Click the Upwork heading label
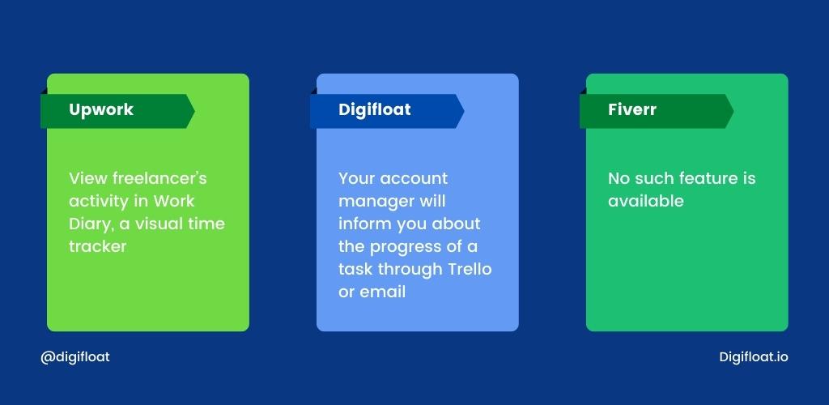point(101,110)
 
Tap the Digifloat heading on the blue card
point(374,110)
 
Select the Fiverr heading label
point(631,109)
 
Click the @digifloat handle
point(75,357)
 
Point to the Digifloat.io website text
point(754,357)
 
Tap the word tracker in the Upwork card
point(98,246)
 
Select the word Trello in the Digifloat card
point(470,269)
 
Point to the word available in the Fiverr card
point(645,201)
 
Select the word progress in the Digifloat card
point(405,247)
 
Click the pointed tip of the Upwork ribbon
point(194,111)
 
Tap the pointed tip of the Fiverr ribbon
point(733,111)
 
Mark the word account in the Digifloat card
point(414,179)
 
